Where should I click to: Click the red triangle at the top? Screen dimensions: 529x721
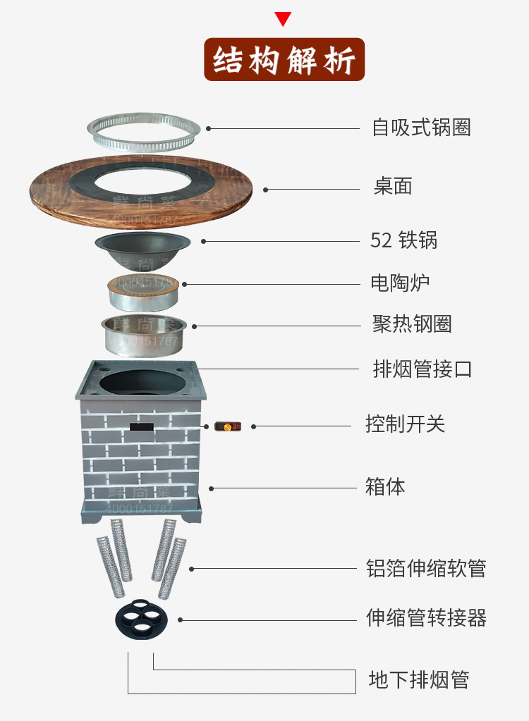283,18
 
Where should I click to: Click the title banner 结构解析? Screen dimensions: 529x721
284,60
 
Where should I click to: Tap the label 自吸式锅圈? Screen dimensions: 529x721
421,128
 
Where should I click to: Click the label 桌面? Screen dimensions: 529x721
393,187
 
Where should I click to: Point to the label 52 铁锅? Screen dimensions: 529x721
403,240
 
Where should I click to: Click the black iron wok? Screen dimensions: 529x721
142,248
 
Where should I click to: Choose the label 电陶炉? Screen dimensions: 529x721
400,283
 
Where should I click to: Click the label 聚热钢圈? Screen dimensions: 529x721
412,324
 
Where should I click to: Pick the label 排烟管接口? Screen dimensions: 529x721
422,369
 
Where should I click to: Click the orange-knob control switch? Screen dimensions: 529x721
228,426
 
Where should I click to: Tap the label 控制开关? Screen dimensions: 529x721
405,424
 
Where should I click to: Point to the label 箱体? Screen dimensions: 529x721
385,486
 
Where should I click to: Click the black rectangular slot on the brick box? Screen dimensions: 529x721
142,426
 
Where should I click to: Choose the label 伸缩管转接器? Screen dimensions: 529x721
426,618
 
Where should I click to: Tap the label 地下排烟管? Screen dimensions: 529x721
419,680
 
